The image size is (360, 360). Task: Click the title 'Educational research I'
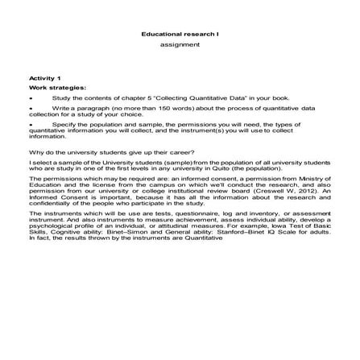[180, 37]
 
